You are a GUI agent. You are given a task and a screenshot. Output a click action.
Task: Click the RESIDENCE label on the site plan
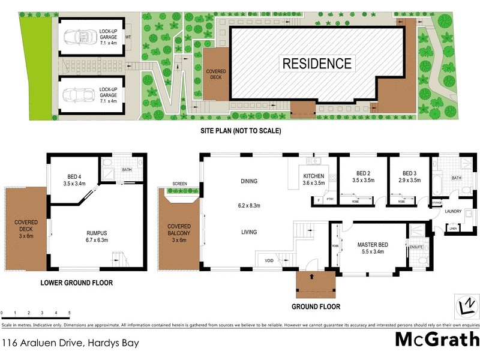317,63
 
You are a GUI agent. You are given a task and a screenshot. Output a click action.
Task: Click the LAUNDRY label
453,211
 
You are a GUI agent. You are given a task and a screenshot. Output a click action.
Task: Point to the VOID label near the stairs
269,260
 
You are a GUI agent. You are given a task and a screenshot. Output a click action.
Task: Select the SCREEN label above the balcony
180,184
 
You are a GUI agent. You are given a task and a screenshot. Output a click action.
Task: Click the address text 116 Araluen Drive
71,343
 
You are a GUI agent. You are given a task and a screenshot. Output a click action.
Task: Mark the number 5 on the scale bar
69,313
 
